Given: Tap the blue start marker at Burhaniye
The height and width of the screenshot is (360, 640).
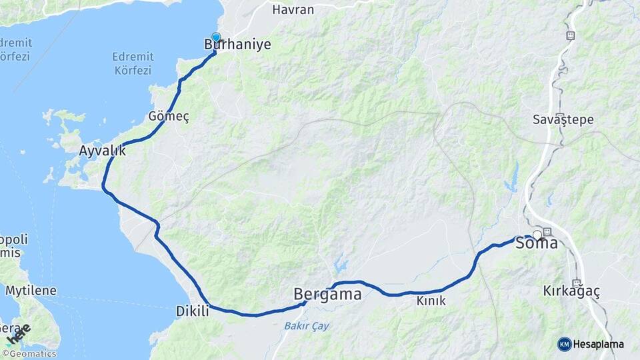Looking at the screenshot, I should pyautogui.click(x=216, y=37).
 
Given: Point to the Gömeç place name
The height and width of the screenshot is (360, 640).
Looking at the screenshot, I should pyautogui.click(x=169, y=117).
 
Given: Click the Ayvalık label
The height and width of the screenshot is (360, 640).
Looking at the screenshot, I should pyautogui.click(x=102, y=150).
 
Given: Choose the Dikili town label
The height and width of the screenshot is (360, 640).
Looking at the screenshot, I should pyautogui.click(x=192, y=311).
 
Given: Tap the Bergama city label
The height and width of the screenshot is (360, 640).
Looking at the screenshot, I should pyautogui.click(x=327, y=293).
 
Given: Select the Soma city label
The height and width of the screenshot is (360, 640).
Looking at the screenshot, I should pyautogui.click(x=537, y=243).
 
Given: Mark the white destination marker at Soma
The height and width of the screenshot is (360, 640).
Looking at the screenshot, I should pyautogui.click(x=537, y=235).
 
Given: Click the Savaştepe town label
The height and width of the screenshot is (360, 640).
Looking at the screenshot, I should pyautogui.click(x=563, y=120).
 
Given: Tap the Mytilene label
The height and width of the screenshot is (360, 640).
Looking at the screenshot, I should pyautogui.click(x=31, y=291).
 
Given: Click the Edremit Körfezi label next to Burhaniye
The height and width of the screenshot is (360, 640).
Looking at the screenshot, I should pyautogui.click(x=133, y=63).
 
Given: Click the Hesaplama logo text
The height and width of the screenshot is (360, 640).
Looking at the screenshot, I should pyautogui.click(x=599, y=344).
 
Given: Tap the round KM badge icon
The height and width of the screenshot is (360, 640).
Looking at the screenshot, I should pyautogui.click(x=564, y=344).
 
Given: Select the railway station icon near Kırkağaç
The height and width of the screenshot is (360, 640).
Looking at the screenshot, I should pyautogui.click(x=577, y=283).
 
